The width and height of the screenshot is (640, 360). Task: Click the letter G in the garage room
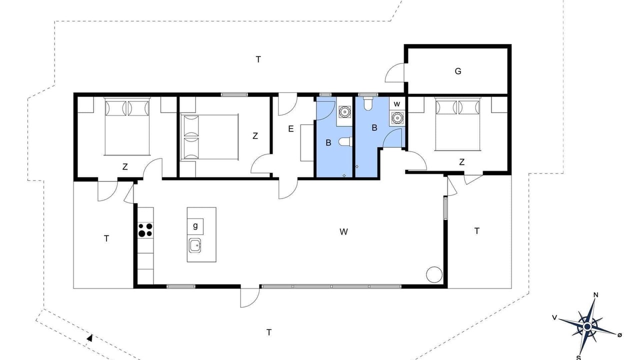(x=458, y=71)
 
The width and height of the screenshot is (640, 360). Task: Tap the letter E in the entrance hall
(x=291, y=129)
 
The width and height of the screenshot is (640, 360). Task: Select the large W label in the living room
(x=343, y=231)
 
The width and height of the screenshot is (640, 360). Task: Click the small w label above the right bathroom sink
(x=397, y=104)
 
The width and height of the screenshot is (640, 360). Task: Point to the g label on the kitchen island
(x=195, y=226)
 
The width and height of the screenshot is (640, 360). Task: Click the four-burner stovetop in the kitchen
(x=145, y=230)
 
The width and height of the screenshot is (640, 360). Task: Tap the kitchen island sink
(x=195, y=245)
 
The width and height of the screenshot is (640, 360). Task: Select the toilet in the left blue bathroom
(x=345, y=141)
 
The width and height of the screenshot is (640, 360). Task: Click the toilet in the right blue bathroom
(x=367, y=103)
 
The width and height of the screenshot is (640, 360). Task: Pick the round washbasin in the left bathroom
(x=344, y=111)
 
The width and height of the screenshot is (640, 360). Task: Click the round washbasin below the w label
(x=397, y=117)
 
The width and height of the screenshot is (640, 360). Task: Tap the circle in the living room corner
(x=434, y=274)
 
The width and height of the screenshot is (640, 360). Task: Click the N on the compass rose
(x=595, y=295)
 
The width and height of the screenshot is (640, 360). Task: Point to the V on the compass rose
(x=554, y=317)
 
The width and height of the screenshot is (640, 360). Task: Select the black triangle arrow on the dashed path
(x=89, y=338)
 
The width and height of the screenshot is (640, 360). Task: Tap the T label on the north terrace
(x=258, y=59)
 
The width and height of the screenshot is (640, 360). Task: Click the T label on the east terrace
(x=477, y=231)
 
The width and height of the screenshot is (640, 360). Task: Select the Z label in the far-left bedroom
(x=125, y=167)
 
